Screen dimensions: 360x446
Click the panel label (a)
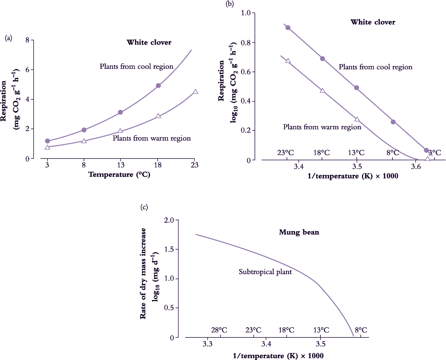pos(9,38)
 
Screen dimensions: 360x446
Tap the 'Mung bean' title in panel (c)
pos(299,232)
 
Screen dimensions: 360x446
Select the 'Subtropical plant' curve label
pos(265,272)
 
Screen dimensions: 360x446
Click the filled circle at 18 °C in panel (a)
pos(158,86)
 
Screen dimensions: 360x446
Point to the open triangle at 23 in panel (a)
pos(195,92)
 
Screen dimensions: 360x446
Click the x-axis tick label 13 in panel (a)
pos(121,165)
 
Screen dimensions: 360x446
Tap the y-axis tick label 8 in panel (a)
pos(28,40)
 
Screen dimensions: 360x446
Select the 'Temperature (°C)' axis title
pos(119,175)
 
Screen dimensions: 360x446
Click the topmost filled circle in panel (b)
pos(288,27)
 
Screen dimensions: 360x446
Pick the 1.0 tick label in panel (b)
pos(246,13)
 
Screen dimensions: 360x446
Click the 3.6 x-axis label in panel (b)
pos(415,167)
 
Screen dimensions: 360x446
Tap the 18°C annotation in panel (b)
pos(322,153)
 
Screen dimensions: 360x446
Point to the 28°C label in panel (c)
pos(219,330)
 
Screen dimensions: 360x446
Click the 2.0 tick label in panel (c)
pos(169,220)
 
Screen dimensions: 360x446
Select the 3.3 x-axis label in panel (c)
pos(207,344)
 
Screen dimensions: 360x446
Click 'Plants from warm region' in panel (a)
pos(152,138)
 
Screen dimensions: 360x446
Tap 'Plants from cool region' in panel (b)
pos(375,67)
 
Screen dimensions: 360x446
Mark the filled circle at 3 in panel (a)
pos(48,141)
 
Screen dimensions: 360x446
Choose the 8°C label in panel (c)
pos(361,330)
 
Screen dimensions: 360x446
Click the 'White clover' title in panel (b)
pos(373,22)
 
